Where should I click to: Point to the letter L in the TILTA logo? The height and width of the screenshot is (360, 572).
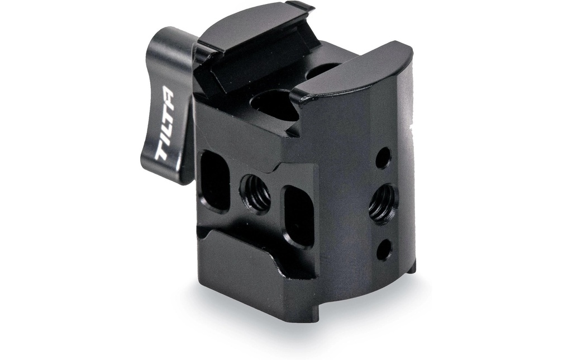click(166, 124)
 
